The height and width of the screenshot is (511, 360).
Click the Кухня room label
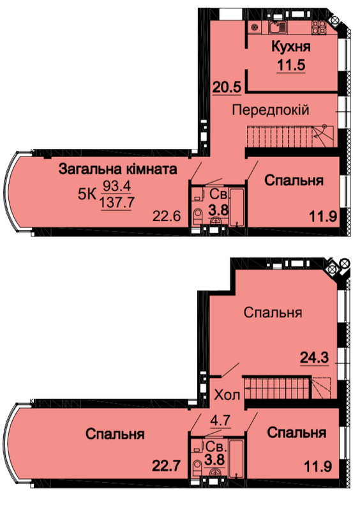[x=291, y=47]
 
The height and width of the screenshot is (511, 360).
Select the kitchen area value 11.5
[x=291, y=65]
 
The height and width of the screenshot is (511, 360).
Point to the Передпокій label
[x=271, y=110]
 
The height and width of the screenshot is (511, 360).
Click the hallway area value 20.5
[x=227, y=87]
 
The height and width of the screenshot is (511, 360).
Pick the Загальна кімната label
[x=117, y=169]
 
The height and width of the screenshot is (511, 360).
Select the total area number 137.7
[x=117, y=202]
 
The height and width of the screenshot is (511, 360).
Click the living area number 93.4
[x=117, y=187]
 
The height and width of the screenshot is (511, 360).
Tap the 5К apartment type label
[x=87, y=195]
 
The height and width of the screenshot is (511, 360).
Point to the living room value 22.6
[x=167, y=216]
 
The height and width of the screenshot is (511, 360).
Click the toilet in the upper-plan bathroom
[x=197, y=217]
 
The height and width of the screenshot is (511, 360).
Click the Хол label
[x=227, y=395]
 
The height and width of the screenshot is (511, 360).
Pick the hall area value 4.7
[x=220, y=420]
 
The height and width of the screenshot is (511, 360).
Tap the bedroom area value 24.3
[x=314, y=358]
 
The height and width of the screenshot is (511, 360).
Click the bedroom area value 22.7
[x=166, y=466]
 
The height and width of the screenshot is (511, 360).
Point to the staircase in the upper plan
[x=290, y=136]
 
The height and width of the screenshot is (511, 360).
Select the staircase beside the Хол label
[x=287, y=388]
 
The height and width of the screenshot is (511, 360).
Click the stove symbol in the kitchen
[x=319, y=27]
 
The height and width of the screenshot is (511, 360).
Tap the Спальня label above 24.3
[x=273, y=312]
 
